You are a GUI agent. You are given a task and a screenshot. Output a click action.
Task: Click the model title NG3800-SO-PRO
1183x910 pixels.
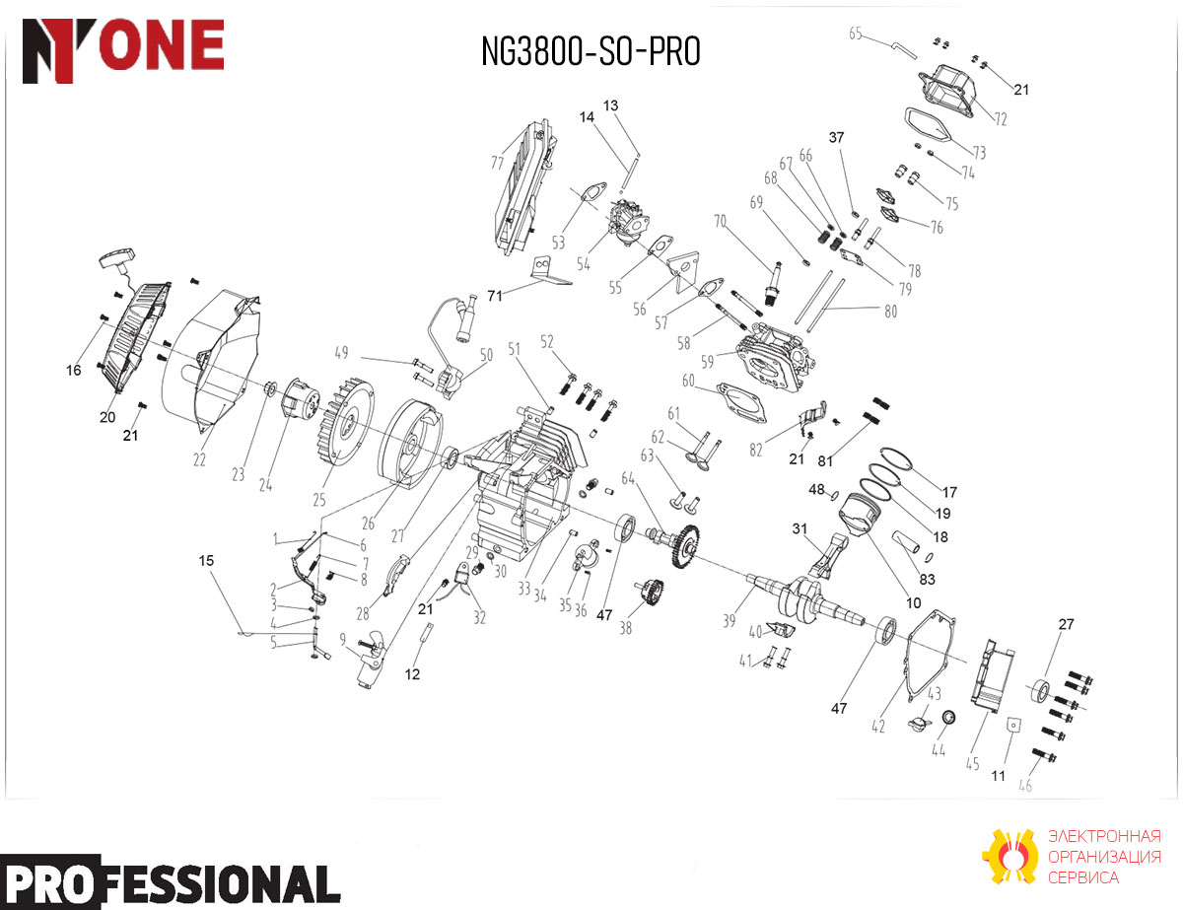(591, 51)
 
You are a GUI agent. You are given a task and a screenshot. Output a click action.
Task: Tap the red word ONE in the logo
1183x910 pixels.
(162, 44)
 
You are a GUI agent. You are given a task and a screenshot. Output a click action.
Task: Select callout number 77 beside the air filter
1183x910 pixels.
(497, 163)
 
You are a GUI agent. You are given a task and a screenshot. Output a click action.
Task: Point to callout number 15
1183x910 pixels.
(206, 561)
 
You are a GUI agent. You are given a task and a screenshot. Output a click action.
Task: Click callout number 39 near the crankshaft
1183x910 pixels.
(729, 620)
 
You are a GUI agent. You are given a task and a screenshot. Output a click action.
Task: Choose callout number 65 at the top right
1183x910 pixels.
(856, 34)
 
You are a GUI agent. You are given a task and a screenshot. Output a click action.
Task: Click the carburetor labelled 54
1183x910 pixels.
(627, 218)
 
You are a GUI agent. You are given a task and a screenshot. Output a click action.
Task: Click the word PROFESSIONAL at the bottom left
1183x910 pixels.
(170, 881)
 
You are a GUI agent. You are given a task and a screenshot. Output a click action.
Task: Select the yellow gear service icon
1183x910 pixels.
(1009, 857)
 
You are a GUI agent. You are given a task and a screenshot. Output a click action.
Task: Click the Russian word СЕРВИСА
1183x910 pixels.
(1083, 877)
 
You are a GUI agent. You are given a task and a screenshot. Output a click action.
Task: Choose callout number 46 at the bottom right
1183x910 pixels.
(1025, 785)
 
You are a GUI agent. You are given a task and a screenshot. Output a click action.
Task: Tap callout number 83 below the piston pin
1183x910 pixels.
(927, 579)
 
